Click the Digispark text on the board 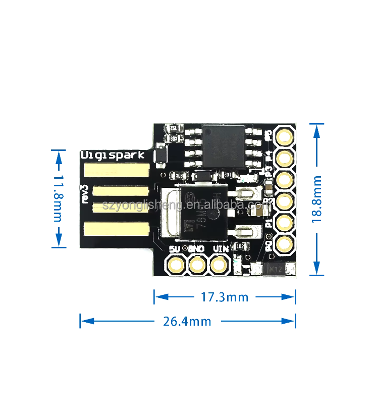click(113, 155)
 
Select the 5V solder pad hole click(176, 264)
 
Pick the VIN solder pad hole click(219, 264)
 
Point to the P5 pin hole click(285, 136)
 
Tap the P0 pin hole click(285, 243)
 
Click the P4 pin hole click(285, 157)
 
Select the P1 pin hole click(285, 222)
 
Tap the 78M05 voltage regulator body click(195, 213)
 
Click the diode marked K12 click(275, 270)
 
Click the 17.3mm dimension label click(225, 297)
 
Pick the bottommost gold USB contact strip click(117, 228)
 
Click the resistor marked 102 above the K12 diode click(240, 246)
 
